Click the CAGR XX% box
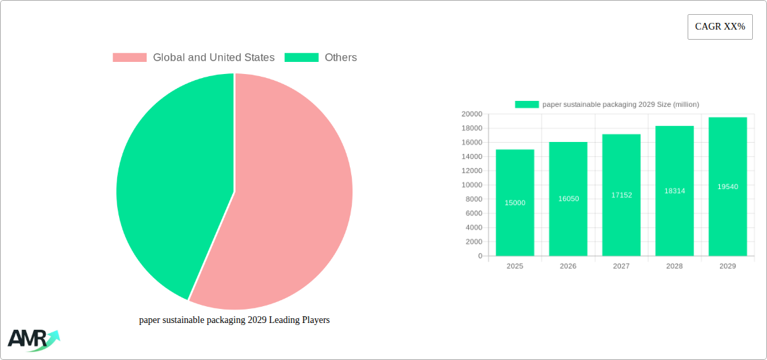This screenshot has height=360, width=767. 720,27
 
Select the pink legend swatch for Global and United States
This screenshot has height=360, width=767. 129,58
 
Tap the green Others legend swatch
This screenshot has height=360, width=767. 301,58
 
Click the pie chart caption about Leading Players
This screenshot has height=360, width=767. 234,320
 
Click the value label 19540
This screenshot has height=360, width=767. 727,187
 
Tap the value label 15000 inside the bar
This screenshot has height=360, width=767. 515,203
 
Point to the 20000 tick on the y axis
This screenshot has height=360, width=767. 472,114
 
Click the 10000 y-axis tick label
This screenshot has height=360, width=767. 472,185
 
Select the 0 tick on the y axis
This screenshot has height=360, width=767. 480,256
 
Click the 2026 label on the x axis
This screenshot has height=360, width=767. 568,266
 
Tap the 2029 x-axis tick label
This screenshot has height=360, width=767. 727,266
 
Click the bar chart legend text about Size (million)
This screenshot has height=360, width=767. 620,104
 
